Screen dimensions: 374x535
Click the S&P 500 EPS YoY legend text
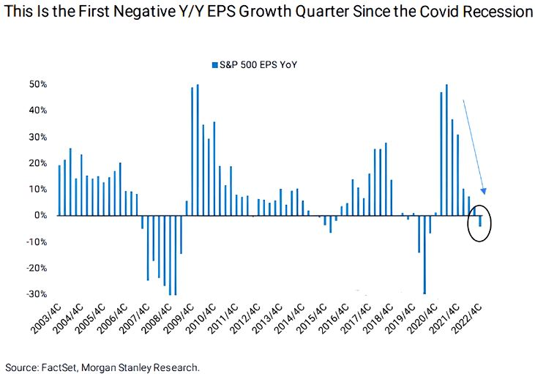pyautogui.click(x=262, y=65)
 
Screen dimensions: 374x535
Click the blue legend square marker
pyautogui.click(x=214, y=65)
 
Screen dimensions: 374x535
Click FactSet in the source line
pyautogui.click(x=61, y=365)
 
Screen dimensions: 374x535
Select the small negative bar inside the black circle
pyautogui.click(x=480, y=221)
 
